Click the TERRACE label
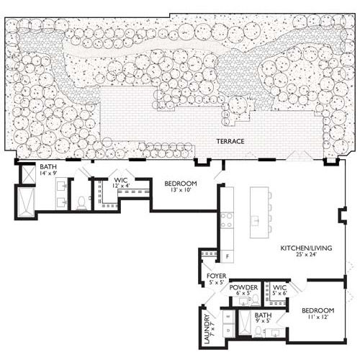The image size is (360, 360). (230, 141)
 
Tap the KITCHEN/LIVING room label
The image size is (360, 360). (306, 248)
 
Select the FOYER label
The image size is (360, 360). (217, 276)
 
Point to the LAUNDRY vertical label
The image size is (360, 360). (207, 328)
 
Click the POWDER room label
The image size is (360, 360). (243, 287)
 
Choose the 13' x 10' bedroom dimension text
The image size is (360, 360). (181, 190)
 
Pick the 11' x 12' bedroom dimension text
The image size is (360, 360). (318, 317)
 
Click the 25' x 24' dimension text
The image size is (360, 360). (307, 254)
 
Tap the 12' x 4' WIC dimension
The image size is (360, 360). (121, 186)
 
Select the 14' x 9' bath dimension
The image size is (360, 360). (48, 173)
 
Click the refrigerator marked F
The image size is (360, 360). (228, 256)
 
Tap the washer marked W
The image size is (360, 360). (228, 317)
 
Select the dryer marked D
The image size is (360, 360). (228, 330)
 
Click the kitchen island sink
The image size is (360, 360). (255, 220)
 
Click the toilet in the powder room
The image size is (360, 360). (255, 301)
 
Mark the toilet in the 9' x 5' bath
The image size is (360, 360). (258, 332)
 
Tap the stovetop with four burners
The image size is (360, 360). (227, 220)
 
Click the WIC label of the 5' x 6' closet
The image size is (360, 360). (279, 287)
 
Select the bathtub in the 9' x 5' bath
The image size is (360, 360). (245, 323)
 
